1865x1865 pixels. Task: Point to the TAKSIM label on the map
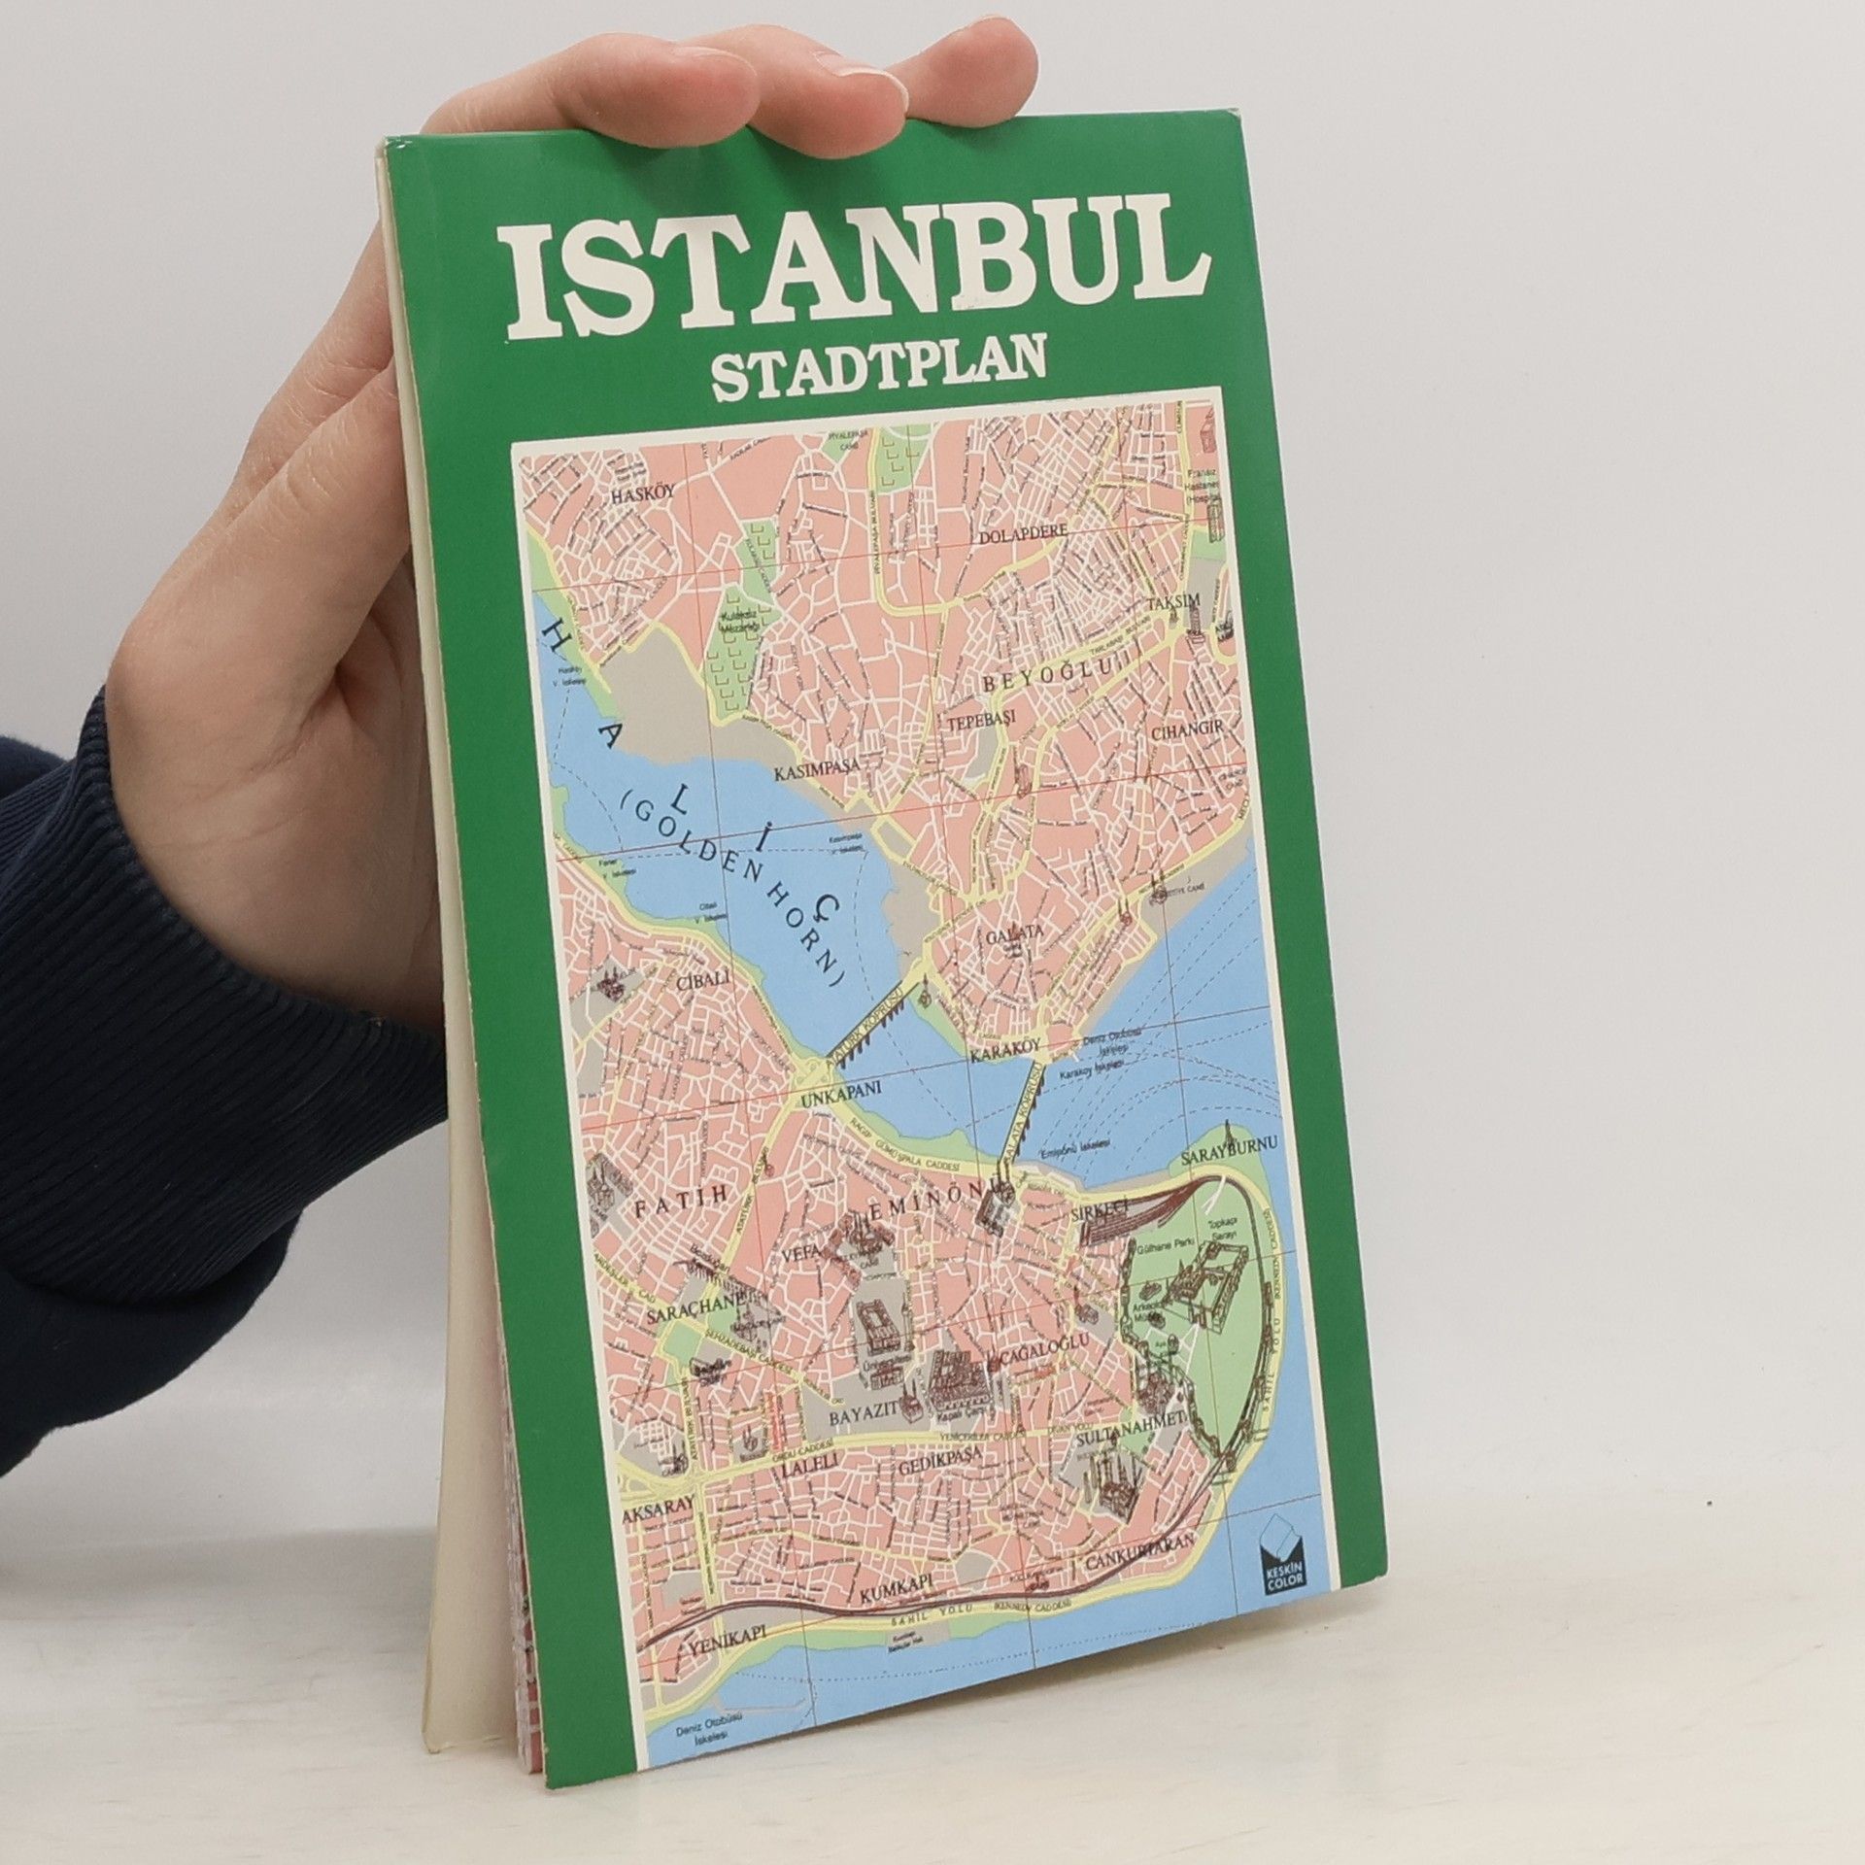coord(1169,601)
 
